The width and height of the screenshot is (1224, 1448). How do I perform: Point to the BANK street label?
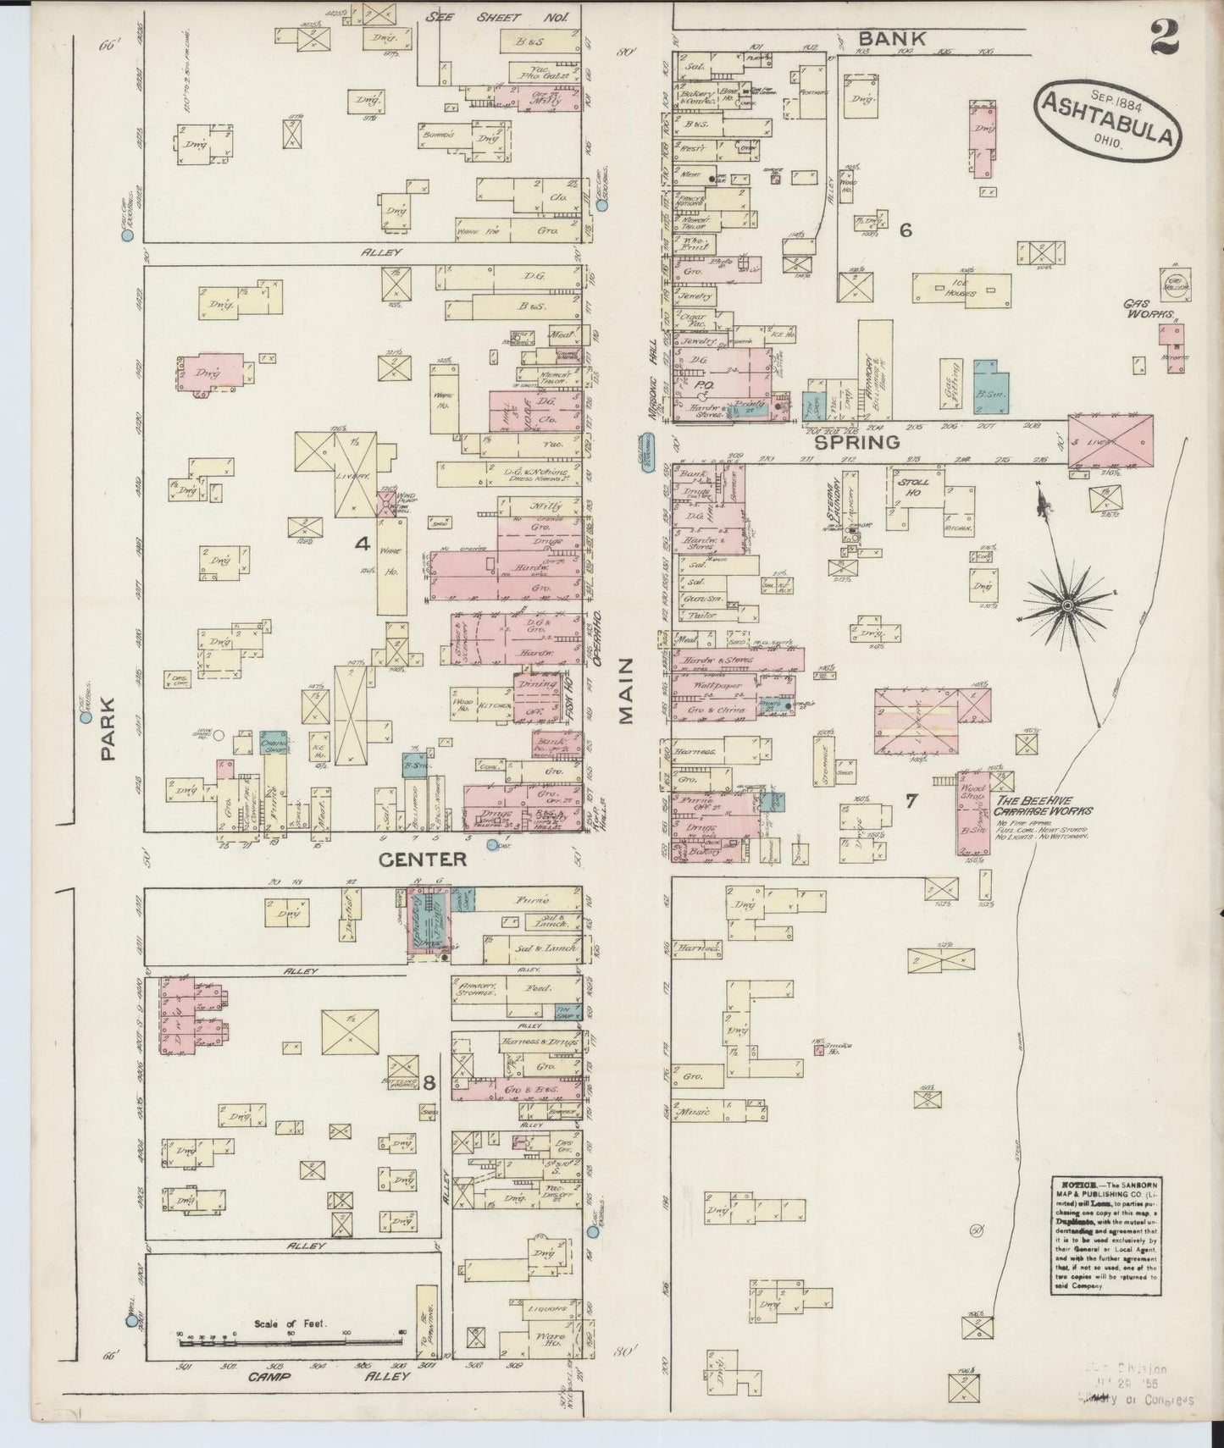coord(892,38)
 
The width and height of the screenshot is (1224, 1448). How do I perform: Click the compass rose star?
coord(1069,606)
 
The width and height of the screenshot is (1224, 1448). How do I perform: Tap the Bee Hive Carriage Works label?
coord(1044,804)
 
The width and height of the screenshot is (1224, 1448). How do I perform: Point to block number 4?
coord(363,545)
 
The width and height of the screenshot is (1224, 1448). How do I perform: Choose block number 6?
coord(906,229)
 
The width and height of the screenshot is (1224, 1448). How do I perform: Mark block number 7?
coord(911,799)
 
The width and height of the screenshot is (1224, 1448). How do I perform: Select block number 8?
coord(430,1081)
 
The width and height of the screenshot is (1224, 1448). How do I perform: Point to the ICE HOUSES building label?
coord(961,289)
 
